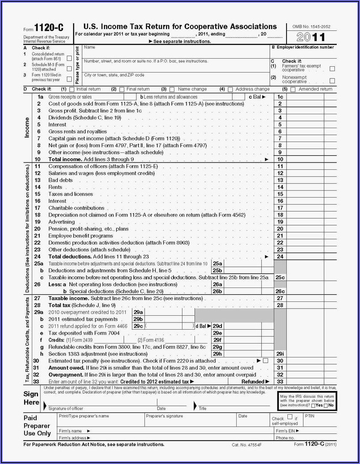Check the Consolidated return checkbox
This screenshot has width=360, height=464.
pos(69,58)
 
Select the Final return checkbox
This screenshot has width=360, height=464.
pos(121,89)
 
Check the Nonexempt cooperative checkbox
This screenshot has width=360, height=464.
pos(332,81)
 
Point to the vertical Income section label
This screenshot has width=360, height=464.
pos(27,128)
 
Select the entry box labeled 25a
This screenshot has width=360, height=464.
pos(243,264)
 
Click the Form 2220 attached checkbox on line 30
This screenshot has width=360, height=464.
pos(265,361)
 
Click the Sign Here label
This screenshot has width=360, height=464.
pos(31,398)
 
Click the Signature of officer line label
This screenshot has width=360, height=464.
pos(66,408)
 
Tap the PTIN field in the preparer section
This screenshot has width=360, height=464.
pos(321,420)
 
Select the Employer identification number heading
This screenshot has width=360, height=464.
pos(304,47)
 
